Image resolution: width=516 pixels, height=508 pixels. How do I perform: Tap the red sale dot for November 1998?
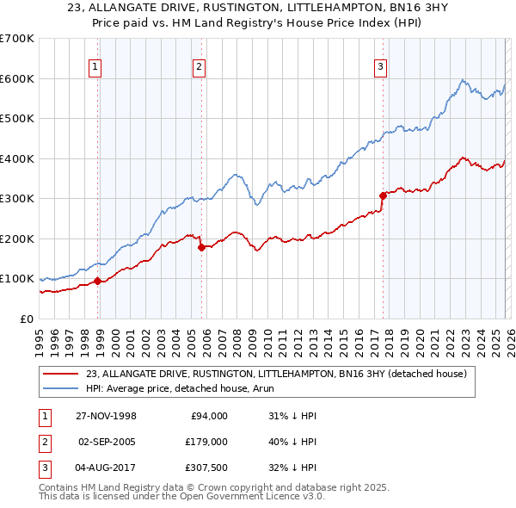(x=98, y=281)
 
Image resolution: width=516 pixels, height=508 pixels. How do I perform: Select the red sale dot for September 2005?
(x=201, y=247)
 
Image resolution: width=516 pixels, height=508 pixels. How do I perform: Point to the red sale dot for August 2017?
(x=383, y=195)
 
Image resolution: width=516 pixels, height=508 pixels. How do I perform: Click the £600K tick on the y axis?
(x=17, y=78)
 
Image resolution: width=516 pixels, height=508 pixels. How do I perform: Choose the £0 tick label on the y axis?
(x=28, y=319)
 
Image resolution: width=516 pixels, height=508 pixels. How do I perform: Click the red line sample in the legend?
(x=62, y=374)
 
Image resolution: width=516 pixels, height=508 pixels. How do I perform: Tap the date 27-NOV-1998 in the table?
(x=105, y=416)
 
